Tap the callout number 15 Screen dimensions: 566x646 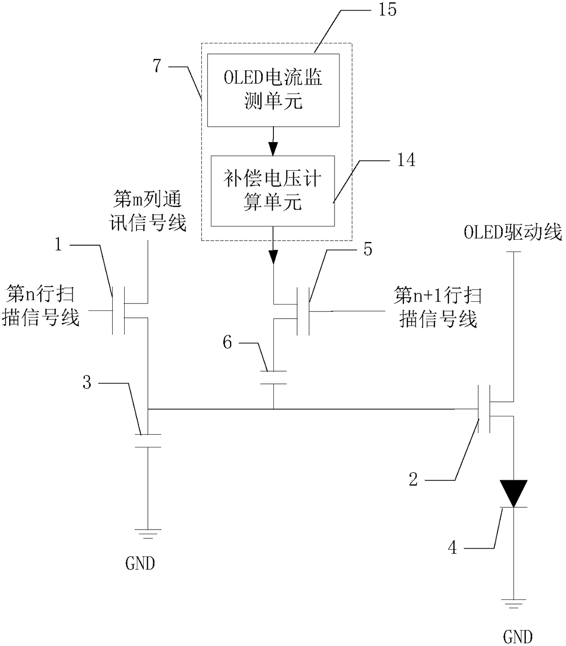point(388,9)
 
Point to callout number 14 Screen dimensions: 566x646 point(406,160)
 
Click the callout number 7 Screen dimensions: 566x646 point(157,66)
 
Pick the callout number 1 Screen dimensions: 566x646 point(58,245)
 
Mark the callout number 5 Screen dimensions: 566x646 point(368,249)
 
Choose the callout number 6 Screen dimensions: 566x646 point(227,343)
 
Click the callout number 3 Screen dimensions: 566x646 point(87,382)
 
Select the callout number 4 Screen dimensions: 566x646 point(452,547)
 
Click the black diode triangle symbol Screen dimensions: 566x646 point(514,494)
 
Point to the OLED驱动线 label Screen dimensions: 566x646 point(513,232)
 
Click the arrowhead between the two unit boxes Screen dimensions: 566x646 point(273,148)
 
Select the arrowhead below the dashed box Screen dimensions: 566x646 point(273,257)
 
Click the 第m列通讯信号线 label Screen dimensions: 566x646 point(147,211)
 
